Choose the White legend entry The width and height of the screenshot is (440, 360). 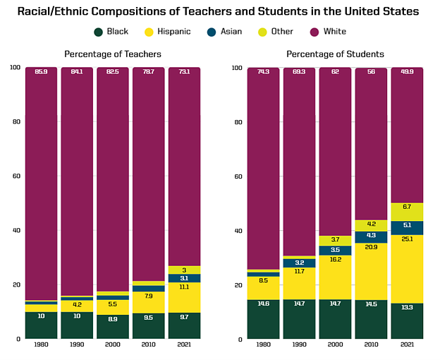coord(329,32)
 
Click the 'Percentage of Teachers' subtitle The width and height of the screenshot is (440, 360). coord(113,54)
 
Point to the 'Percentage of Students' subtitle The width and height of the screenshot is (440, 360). coord(335,54)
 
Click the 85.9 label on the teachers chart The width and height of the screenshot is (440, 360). coord(41,72)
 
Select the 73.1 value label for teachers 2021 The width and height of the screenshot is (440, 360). coord(185,72)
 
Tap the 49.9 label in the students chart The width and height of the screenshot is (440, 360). coord(407,72)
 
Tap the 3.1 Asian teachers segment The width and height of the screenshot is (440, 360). coord(185,278)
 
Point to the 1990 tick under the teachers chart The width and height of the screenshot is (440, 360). coord(77,346)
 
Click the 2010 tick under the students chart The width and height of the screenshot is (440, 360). coord(372,346)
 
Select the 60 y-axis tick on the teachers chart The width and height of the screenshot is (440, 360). coord(16,176)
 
